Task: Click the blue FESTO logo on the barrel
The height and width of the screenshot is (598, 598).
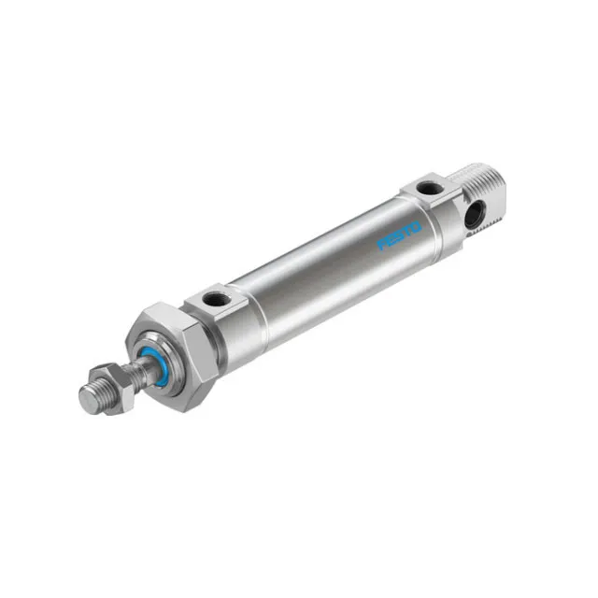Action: point(400,235)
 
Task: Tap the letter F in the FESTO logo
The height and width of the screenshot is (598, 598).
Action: point(383,245)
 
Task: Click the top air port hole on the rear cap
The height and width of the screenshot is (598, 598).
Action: point(428,189)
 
